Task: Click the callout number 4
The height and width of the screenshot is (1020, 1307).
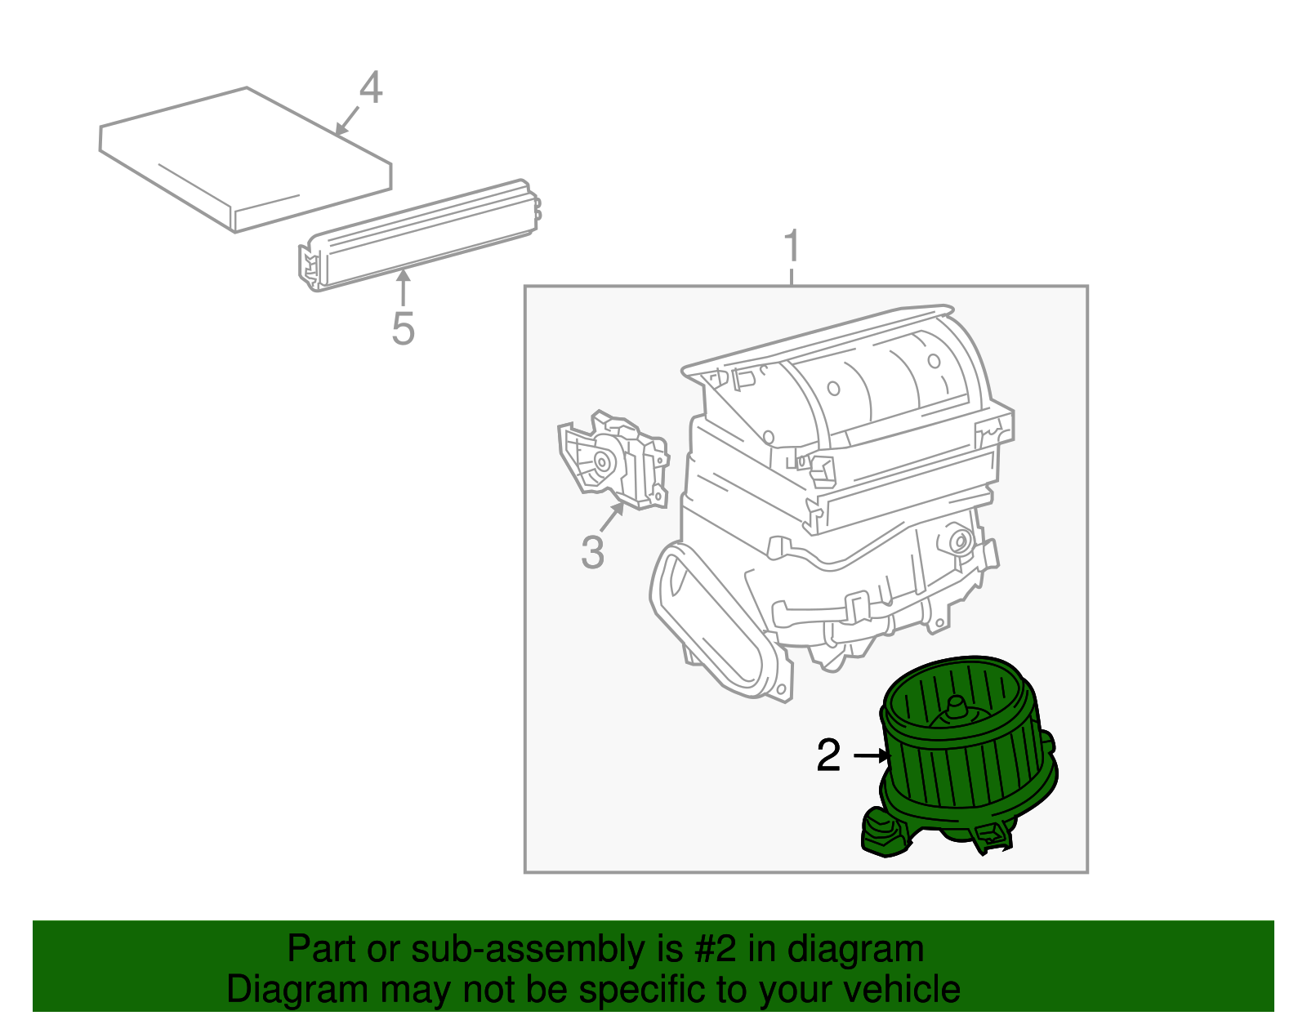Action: pos(370,88)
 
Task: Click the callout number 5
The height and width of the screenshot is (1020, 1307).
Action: pos(403,328)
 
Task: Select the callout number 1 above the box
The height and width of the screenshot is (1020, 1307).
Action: pos(791,247)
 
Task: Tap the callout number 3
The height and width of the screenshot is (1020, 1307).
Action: pos(592,552)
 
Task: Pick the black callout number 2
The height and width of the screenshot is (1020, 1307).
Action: pos(827,755)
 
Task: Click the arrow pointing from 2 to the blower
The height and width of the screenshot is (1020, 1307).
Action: pos(871,755)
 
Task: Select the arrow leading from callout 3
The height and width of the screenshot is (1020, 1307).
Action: pos(612,517)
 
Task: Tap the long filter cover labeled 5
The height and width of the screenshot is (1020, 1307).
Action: pos(417,237)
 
